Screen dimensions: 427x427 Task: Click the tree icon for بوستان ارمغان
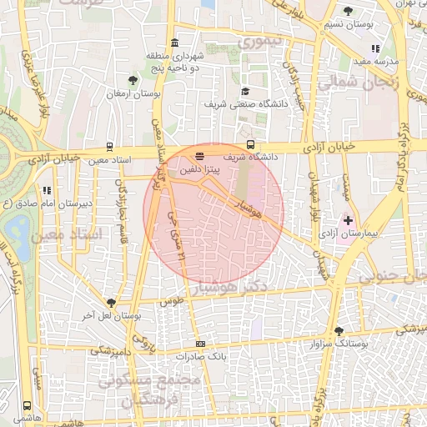[x=133, y=80]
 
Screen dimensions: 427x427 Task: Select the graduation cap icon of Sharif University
[x=245, y=92]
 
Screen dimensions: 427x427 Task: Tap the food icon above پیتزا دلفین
[x=198, y=156]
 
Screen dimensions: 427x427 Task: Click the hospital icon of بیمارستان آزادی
[x=348, y=220]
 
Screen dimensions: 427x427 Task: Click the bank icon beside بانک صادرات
[x=200, y=344]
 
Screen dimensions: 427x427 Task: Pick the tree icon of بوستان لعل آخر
[x=111, y=302]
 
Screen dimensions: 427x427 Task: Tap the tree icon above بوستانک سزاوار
[x=339, y=330]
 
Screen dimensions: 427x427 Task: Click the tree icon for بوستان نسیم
[x=347, y=11]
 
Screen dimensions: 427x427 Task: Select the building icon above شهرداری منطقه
[x=173, y=43]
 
